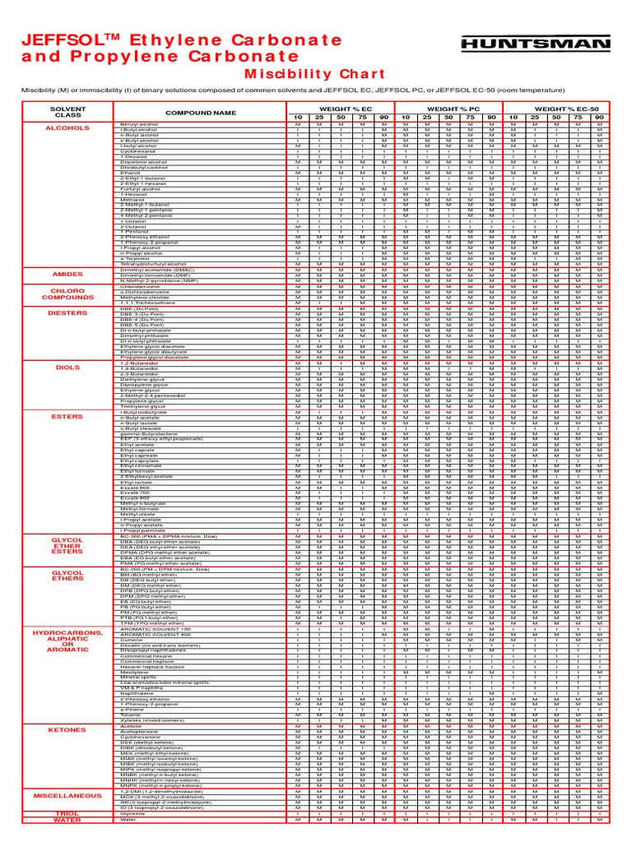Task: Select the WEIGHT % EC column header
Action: (x=340, y=109)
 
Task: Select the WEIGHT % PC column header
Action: (x=448, y=109)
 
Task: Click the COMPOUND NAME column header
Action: (x=200, y=113)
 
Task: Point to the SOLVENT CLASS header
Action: (x=67, y=112)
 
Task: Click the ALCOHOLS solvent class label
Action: (x=67, y=128)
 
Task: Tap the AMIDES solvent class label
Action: (x=67, y=274)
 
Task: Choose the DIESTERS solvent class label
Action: (x=67, y=312)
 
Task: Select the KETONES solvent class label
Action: (x=67, y=729)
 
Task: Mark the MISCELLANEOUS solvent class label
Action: (x=67, y=796)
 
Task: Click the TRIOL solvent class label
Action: (x=67, y=812)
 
